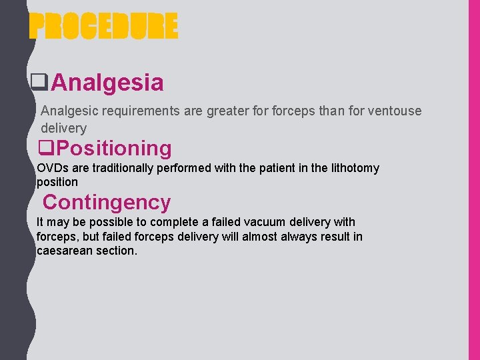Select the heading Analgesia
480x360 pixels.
(107, 83)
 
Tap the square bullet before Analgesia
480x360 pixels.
(39, 83)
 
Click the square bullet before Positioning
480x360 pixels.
(47, 147)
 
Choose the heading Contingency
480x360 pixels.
(107, 201)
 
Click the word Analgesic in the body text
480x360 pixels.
(67, 111)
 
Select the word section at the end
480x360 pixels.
(118, 251)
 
